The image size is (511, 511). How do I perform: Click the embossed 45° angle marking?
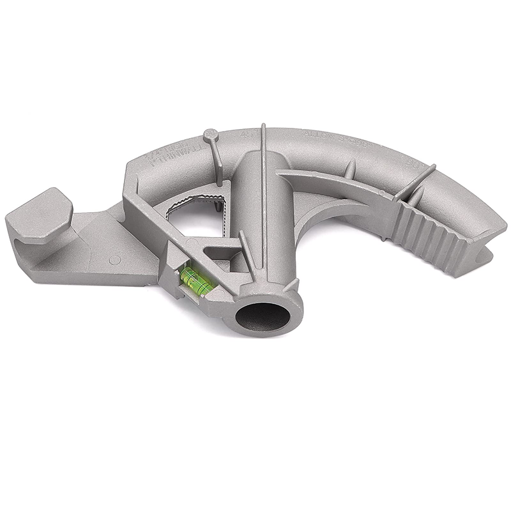coord(244,134)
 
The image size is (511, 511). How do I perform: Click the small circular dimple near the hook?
coord(114,260)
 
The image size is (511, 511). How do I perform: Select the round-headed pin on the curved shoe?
coord(210,135)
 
